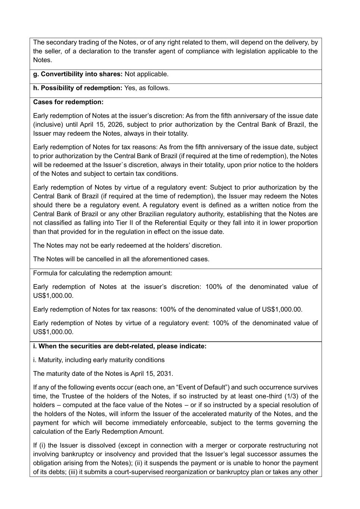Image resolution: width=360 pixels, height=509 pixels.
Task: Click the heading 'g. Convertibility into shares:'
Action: (x=78, y=74)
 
